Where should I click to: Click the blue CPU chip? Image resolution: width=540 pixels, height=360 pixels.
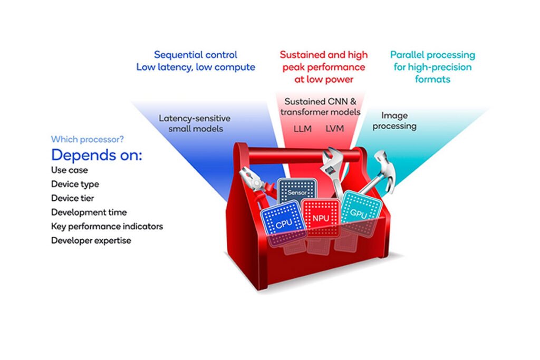(x=283, y=224)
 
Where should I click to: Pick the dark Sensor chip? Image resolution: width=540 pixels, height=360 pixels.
(x=297, y=193)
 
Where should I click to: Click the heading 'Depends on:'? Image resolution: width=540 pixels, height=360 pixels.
(x=97, y=156)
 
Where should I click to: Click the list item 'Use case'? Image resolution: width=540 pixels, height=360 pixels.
(x=69, y=170)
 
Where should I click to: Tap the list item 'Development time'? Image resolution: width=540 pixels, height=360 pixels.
(x=89, y=212)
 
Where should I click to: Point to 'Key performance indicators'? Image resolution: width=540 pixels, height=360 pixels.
(x=107, y=227)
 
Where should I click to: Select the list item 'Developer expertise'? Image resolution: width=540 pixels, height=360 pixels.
(x=91, y=240)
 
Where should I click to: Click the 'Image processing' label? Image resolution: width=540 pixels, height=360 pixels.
(x=399, y=121)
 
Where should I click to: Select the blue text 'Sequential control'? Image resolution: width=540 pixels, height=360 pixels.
(x=195, y=55)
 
